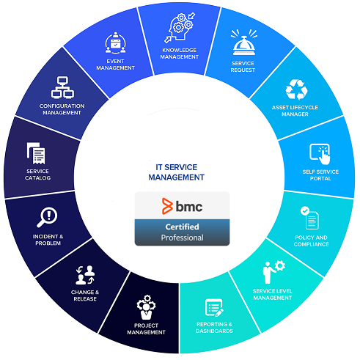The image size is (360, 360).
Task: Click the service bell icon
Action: point(244,42)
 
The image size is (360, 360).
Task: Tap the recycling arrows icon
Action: point(296,89)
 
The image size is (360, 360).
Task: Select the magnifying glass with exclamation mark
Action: point(47,217)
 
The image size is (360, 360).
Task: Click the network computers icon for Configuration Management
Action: point(62,87)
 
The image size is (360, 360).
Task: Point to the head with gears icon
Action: point(180,28)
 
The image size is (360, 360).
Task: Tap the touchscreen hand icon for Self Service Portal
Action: point(320,154)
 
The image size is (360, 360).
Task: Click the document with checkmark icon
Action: point(309,218)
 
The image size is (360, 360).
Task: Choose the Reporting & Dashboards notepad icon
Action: point(214,308)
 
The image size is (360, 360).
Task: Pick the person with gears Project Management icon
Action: point(146,307)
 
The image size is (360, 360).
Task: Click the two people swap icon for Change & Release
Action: point(85,275)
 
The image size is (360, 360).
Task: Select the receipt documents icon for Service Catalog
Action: point(36,153)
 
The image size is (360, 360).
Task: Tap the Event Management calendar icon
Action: point(115,43)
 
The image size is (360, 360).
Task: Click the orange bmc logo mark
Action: point(167,206)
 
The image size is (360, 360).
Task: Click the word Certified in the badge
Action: point(182,227)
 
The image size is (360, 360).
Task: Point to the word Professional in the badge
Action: point(182,238)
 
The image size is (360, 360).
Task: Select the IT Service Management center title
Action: point(176,172)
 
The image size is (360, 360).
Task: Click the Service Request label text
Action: point(243,67)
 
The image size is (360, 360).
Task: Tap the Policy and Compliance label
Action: point(311,240)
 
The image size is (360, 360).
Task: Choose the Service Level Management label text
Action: point(272,294)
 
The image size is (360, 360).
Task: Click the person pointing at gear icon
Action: point(273,272)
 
